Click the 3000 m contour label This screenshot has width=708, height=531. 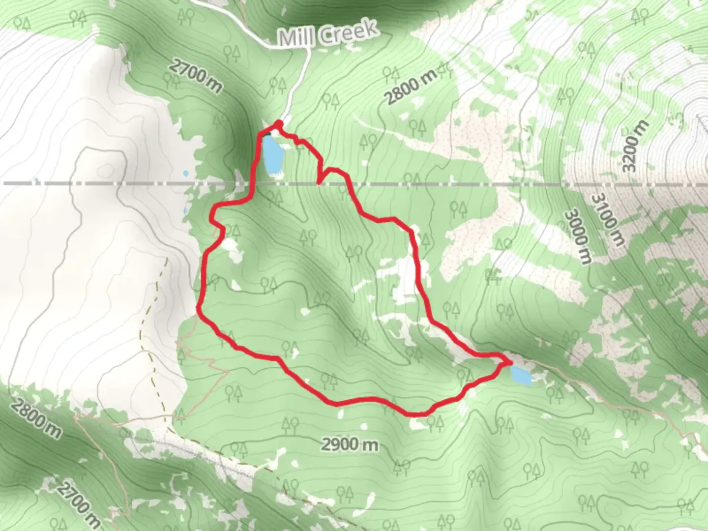577,236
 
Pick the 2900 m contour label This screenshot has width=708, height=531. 351,444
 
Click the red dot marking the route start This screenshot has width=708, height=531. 279,123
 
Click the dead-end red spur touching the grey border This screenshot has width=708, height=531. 320,181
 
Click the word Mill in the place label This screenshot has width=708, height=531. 297,36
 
